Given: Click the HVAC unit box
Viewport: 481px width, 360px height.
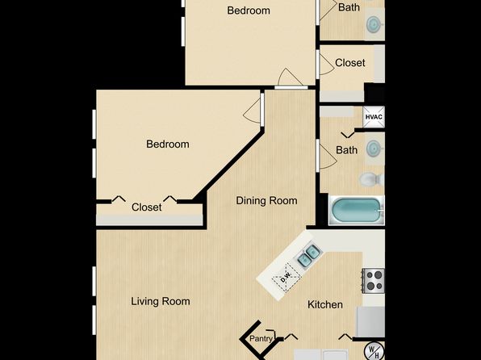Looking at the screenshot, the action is pyautogui.click(x=374, y=116).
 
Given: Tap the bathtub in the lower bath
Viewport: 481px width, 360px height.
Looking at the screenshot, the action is pyautogui.click(x=356, y=210).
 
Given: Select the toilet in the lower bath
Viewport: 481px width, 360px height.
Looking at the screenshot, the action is pyautogui.click(x=371, y=179).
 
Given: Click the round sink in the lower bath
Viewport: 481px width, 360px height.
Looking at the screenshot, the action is pyautogui.click(x=374, y=148).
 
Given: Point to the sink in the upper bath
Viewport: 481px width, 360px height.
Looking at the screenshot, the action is pyautogui.click(x=374, y=24).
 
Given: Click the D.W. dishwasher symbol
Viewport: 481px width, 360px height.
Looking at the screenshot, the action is pyautogui.click(x=287, y=278).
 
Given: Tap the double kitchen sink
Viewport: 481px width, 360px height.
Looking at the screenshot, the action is pyautogui.click(x=309, y=256).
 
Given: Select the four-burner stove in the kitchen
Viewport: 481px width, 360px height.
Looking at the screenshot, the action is pyautogui.click(x=374, y=281).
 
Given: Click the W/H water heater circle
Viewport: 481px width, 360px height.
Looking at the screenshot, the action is pyautogui.click(x=374, y=351).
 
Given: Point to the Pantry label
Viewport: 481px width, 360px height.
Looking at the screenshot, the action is pyautogui.click(x=261, y=338).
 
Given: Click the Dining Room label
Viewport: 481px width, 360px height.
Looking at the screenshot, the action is pyautogui.click(x=266, y=201).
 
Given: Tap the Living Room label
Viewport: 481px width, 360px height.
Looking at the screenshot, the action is pyautogui.click(x=161, y=301).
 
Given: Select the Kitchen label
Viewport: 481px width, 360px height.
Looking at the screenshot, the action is pyautogui.click(x=325, y=305).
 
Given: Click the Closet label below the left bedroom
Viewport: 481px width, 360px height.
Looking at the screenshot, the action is pyautogui.click(x=147, y=207).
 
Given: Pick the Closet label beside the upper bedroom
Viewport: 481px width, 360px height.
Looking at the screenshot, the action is pyautogui.click(x=350, y=63).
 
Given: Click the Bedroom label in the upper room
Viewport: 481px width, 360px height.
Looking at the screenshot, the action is pyautogui.click(x=249, y=10).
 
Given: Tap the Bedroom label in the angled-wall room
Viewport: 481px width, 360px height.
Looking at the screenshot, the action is pyautogui.click(x=168, y=144).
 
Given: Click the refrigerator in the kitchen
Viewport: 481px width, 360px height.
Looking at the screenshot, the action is pyautogui.click(x=370, y=322).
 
